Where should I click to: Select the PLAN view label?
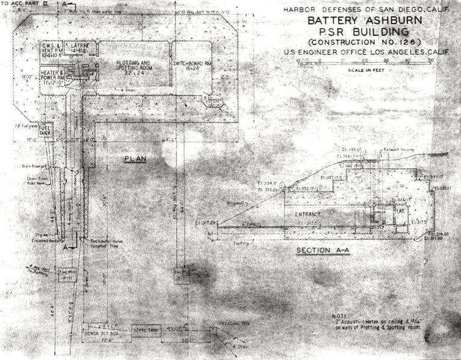pyautogui.click(x=135, y=159)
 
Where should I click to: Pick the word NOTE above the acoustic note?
pyautogui.click(x=342, y=316)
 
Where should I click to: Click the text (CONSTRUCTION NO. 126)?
pyautogui.click(x=356, y=43)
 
